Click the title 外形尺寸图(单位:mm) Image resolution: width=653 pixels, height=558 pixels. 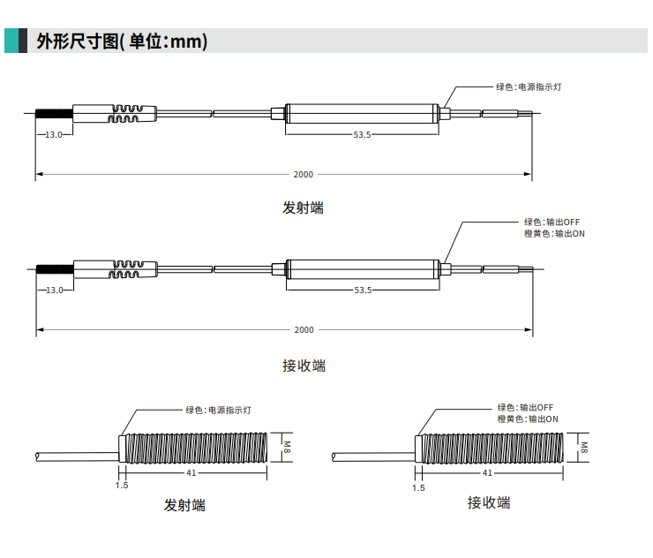coord(122,41)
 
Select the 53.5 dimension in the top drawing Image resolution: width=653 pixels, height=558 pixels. coord(362,135)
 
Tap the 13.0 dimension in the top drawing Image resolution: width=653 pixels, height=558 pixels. coord(53,135)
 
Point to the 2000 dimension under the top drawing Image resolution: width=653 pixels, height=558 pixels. coord(303,175)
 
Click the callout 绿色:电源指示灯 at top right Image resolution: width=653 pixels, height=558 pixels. coord(529,87)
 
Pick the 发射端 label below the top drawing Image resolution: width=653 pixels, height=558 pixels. coord(303,208)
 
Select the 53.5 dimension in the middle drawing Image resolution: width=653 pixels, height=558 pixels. coord(362,290)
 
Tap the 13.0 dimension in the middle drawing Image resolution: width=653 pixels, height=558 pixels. coord(53,290)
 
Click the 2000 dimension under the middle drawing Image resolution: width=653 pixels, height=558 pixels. coord(303,330)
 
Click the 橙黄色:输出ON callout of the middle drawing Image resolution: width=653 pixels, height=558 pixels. coord(554,234)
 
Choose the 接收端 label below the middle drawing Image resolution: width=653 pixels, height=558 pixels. coord(304,365)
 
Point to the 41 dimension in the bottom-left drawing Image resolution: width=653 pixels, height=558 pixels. coord(191,473)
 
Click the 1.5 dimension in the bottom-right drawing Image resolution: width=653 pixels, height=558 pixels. coord(418,487)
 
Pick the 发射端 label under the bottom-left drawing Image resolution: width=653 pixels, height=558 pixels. coord(184,506)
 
